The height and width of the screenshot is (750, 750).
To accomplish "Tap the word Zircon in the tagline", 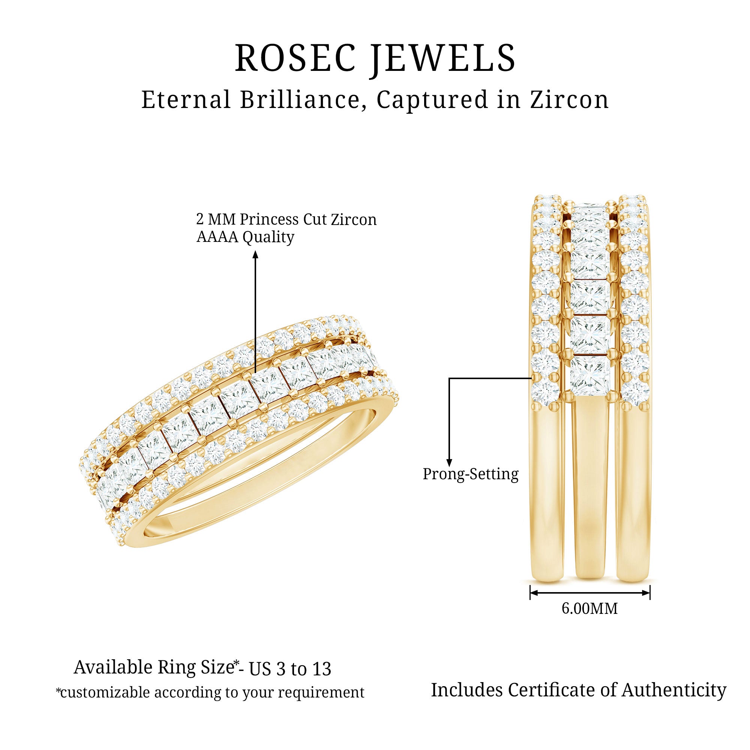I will pos(570,100).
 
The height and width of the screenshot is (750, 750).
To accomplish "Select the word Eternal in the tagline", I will pos(186,100).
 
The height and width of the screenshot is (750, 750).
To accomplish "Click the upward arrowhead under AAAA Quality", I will pos(255,254).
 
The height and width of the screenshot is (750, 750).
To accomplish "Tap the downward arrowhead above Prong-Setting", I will pos(449,462).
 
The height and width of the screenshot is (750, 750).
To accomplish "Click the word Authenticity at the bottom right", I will pos(674,690).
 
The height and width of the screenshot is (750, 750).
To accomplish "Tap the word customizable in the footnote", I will pos(102,693).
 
